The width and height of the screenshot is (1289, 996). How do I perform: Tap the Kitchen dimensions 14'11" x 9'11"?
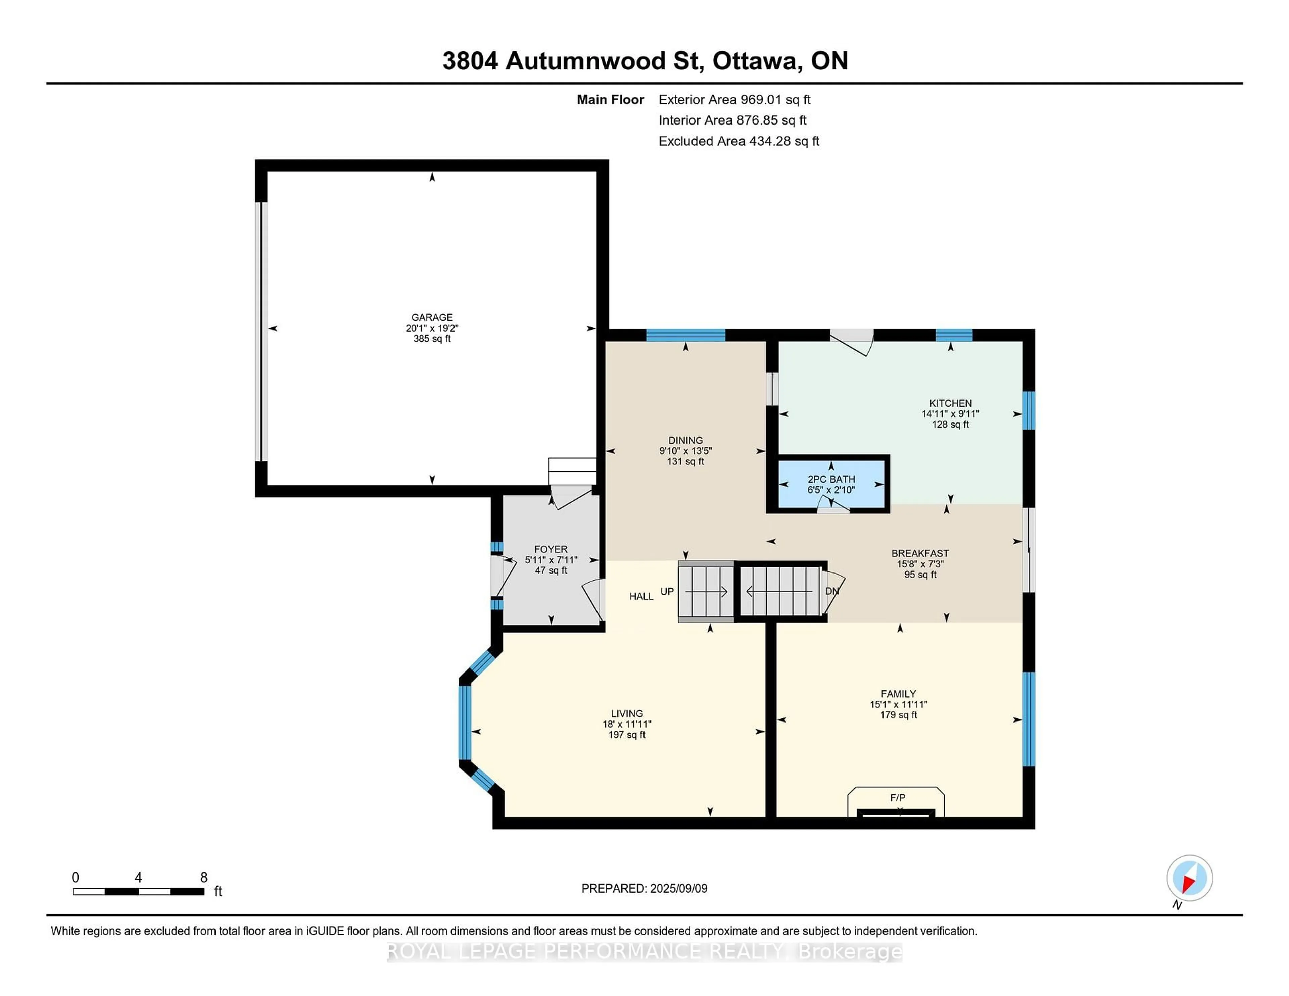coord(950,414)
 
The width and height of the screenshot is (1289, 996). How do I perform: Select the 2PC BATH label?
coord(831,479)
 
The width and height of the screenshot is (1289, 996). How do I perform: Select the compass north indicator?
coord(1189,878)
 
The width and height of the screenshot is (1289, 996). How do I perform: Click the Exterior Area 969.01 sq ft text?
coord(734,100)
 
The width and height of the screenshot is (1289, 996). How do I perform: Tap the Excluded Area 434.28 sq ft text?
coord(738,141)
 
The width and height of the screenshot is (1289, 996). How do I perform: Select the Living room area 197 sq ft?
coord(627,735)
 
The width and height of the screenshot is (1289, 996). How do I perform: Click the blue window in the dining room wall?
coord(685,335)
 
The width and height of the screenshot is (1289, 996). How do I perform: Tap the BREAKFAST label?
coord(919,553)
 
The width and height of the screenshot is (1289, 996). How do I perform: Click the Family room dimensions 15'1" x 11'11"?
coord(898,704)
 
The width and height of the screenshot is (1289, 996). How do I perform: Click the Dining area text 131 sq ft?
coord(685,461)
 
